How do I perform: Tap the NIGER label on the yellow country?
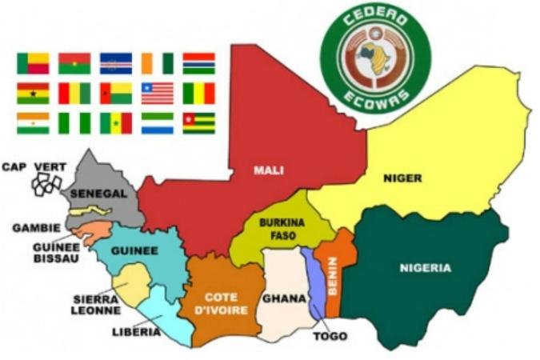[x=402, y=178]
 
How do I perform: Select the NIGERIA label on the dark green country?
[x=426, y=268]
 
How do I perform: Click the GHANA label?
[x=284, y=298]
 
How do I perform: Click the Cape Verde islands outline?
[x=45, y=185]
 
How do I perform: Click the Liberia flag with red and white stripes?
[x=157, y=94]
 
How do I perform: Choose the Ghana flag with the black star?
[x=33, y=94]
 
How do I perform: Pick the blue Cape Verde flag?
[x=116, y=63]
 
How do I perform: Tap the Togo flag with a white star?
[x=198, y=123]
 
